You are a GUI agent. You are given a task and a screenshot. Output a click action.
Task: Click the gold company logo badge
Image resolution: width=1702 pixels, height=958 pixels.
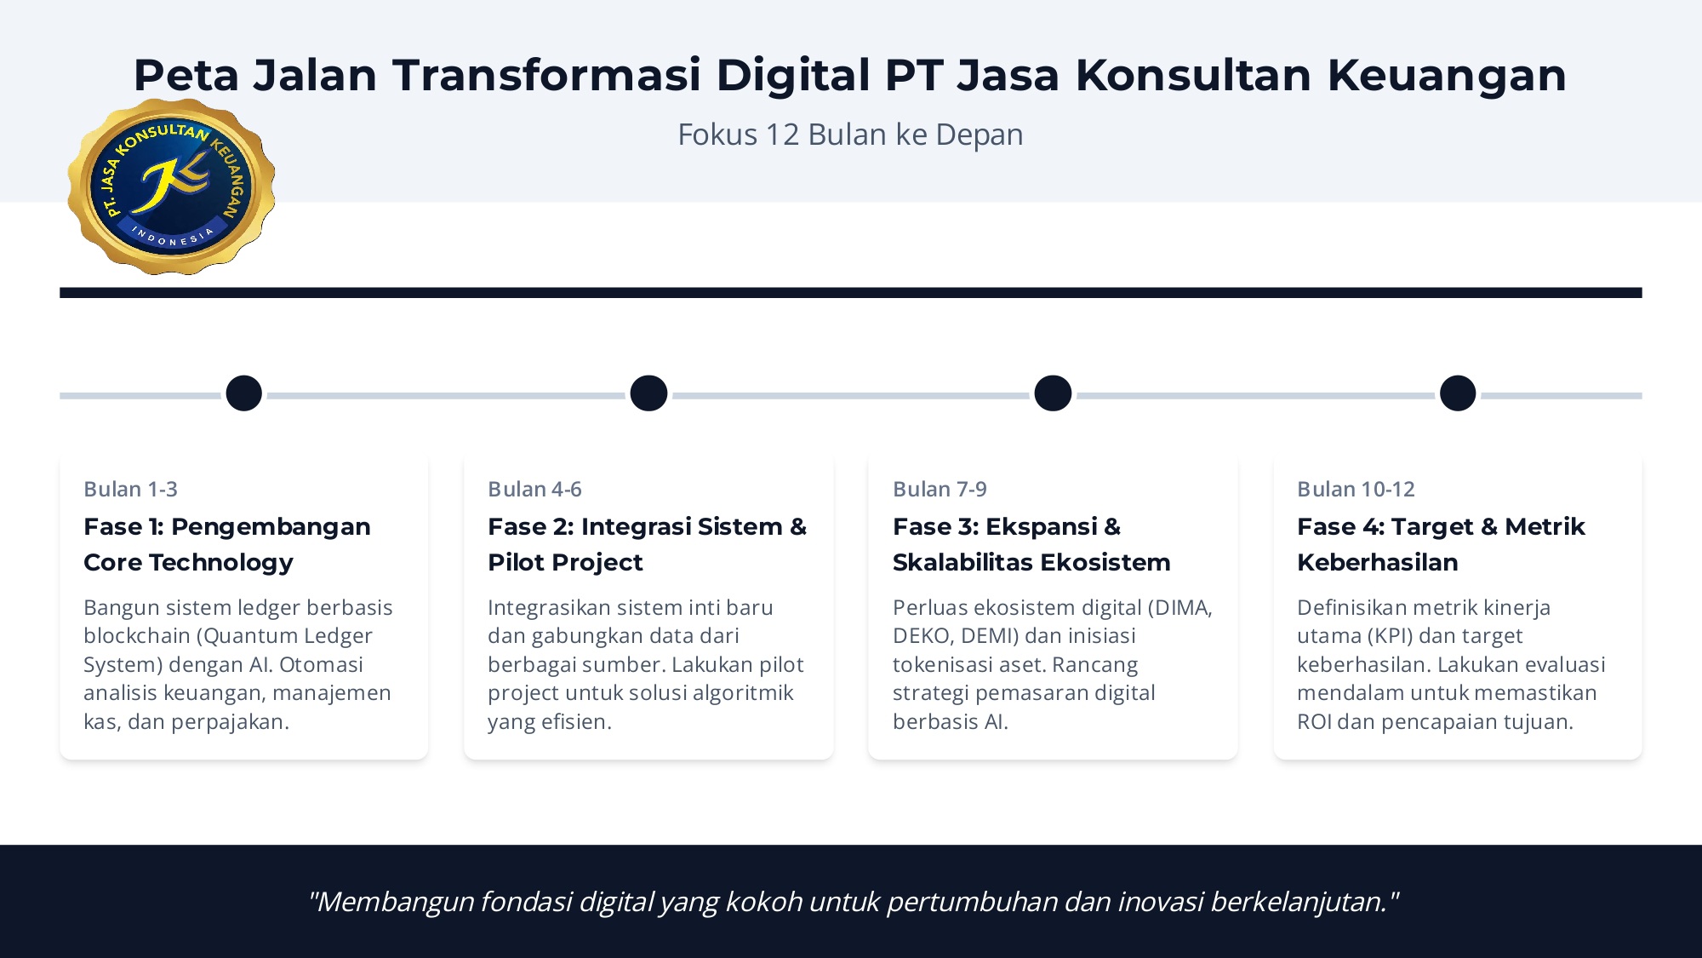coord(171,186)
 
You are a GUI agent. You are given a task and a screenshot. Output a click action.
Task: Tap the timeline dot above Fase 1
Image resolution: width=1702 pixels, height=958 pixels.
coord(244,393)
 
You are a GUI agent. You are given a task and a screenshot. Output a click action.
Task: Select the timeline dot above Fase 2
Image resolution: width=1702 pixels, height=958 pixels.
coord(648,393)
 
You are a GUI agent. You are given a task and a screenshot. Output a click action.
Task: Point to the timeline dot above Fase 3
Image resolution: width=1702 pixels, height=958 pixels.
coord(1053,393)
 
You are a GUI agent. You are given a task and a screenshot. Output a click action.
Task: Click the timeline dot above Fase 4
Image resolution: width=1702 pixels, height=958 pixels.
coord(1458,393)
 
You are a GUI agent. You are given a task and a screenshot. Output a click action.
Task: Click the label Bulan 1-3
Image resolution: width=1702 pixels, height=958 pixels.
coord(130,490)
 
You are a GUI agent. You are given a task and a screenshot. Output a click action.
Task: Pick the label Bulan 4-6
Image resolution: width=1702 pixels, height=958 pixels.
coord(534,490)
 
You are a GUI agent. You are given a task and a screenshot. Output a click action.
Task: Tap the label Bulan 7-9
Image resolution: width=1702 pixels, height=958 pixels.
coord(940,490)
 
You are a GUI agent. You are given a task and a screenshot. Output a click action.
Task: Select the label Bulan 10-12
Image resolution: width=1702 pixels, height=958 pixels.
coord(1356,490)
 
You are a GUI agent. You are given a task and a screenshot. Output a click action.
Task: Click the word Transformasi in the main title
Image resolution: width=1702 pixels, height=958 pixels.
coord(546,75)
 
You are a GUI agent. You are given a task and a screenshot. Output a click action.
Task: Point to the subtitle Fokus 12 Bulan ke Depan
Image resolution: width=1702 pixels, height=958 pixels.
coord(850,135)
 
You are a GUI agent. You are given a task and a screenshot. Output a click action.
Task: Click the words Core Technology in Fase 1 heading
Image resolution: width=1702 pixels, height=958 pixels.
coord(188,563)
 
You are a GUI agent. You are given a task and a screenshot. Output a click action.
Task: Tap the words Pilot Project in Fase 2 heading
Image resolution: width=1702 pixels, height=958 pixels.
coord(565,563)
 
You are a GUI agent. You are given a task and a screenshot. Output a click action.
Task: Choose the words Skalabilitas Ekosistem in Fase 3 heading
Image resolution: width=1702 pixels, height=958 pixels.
coord(1031,563)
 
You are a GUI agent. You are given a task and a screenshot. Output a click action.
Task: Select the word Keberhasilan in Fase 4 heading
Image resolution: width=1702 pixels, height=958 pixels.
coord(1378,563)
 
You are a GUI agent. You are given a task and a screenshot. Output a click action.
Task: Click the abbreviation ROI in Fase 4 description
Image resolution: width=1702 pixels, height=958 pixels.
coord(1314,722)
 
